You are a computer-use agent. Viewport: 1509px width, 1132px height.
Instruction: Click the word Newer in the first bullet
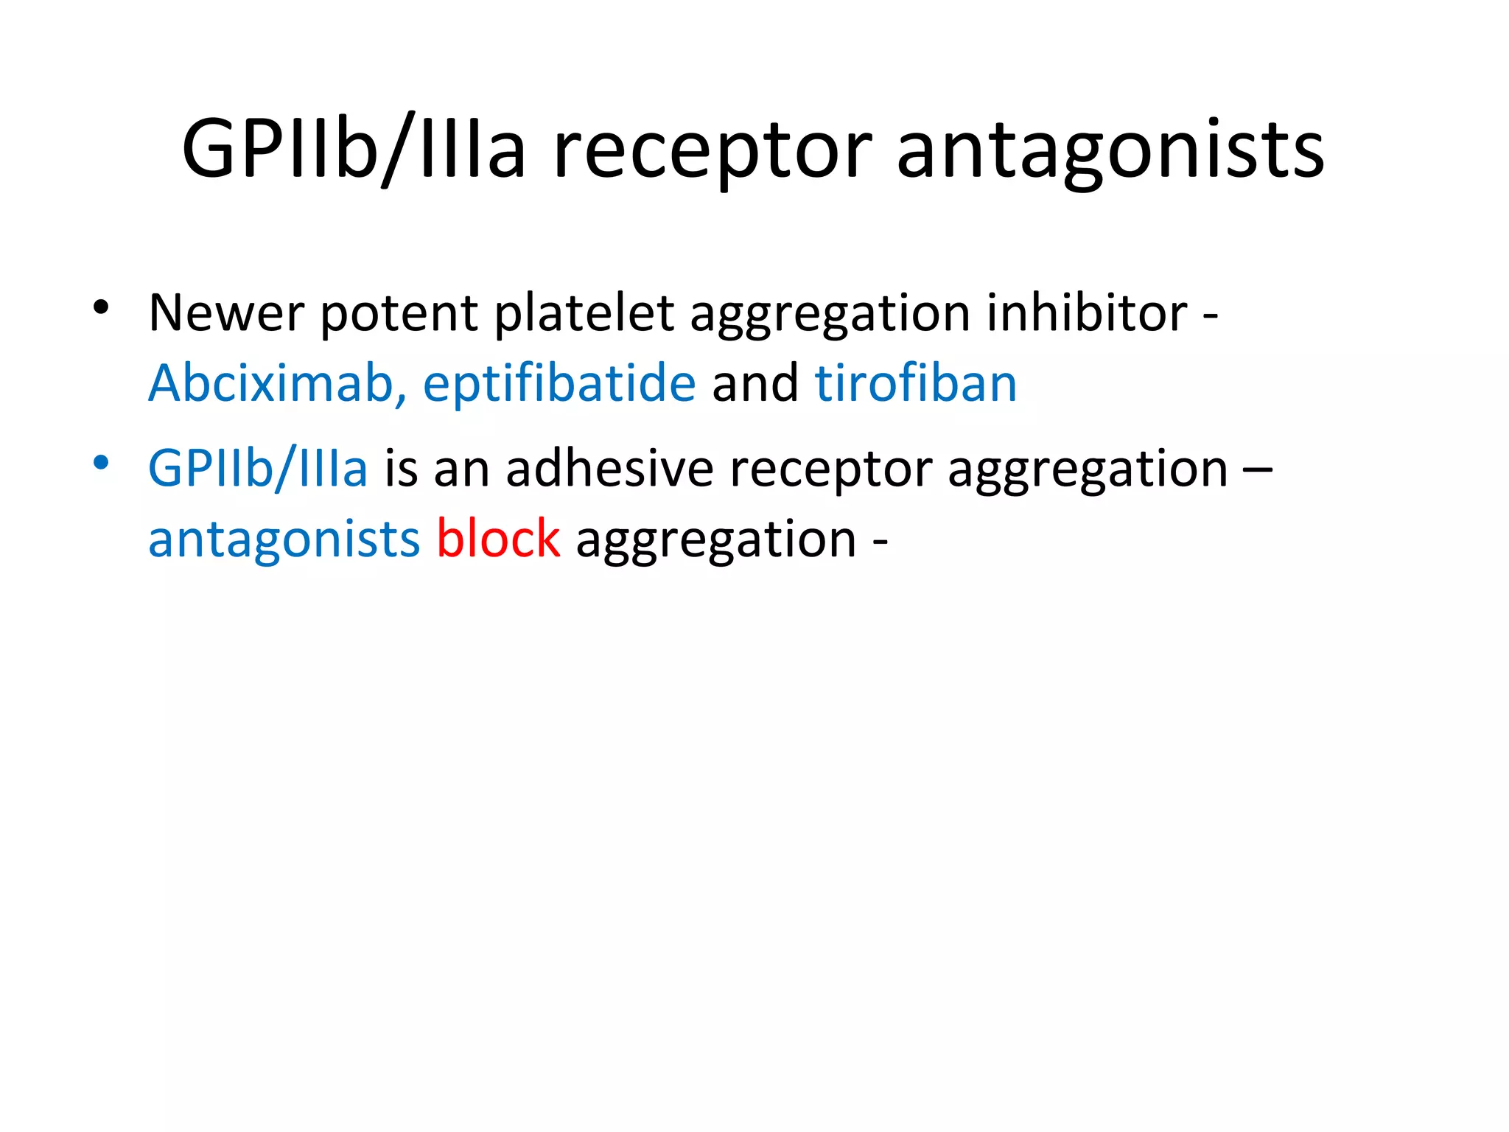[225, 313]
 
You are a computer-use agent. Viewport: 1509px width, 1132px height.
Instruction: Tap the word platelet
[584, 313]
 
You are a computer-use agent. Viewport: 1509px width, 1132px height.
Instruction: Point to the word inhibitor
[1087, 313]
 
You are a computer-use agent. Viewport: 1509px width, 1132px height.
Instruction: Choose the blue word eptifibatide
[559, 385]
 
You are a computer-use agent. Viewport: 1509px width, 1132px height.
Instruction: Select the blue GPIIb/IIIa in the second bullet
[258, 469]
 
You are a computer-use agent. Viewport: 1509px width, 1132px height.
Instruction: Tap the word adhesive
[609, 469]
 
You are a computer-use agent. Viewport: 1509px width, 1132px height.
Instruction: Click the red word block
[498, 539]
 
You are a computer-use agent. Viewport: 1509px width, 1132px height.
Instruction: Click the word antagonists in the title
[1110, 151]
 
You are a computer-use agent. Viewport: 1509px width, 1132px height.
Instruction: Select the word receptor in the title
[713, 151]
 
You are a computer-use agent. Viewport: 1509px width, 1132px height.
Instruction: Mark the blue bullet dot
[102, 463]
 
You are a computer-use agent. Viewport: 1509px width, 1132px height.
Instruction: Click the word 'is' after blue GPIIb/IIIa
[401, 469]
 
